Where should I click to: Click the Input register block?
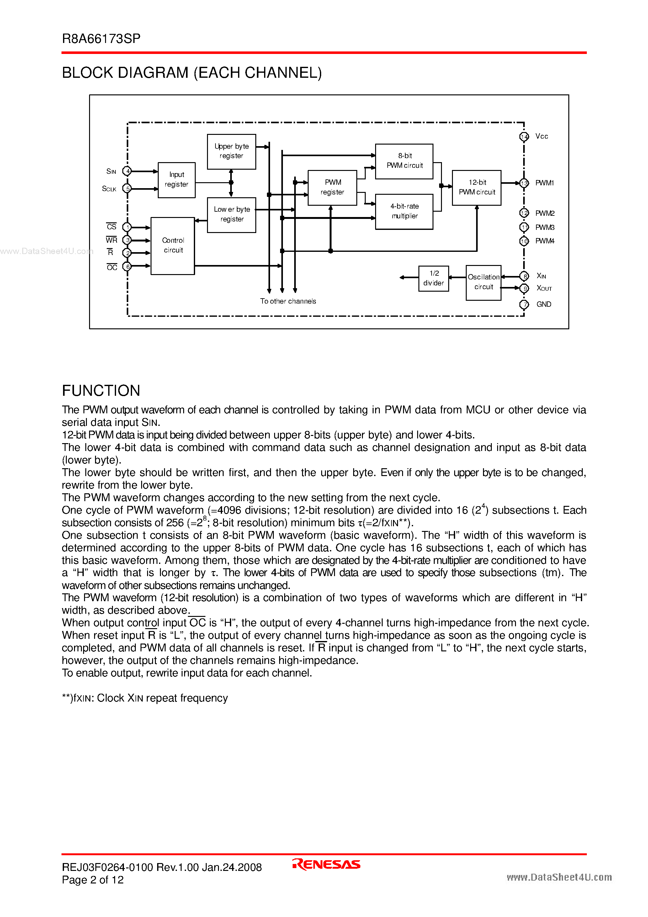(x=177, y=180)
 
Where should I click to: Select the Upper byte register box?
(x=231, y=151)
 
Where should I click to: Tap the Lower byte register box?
(x=231, y=215)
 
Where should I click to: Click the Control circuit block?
(x=173, y=246)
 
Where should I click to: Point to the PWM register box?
(x=332, y=187)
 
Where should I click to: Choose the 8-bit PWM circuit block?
(x=404, y=161)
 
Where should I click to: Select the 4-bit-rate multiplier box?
(x=404, y=211)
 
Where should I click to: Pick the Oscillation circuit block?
(x=483, y=282)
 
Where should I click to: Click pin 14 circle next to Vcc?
(x=524, y=137)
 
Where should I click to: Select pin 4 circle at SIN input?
(x=127, y=171)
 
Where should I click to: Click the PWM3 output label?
(x=544, y=228)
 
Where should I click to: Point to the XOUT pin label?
(x=544, y=288)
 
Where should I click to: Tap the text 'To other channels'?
(x=288, y=301)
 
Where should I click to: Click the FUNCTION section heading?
(x=101, y=391)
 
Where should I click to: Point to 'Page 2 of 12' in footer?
(x=93, y=880)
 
